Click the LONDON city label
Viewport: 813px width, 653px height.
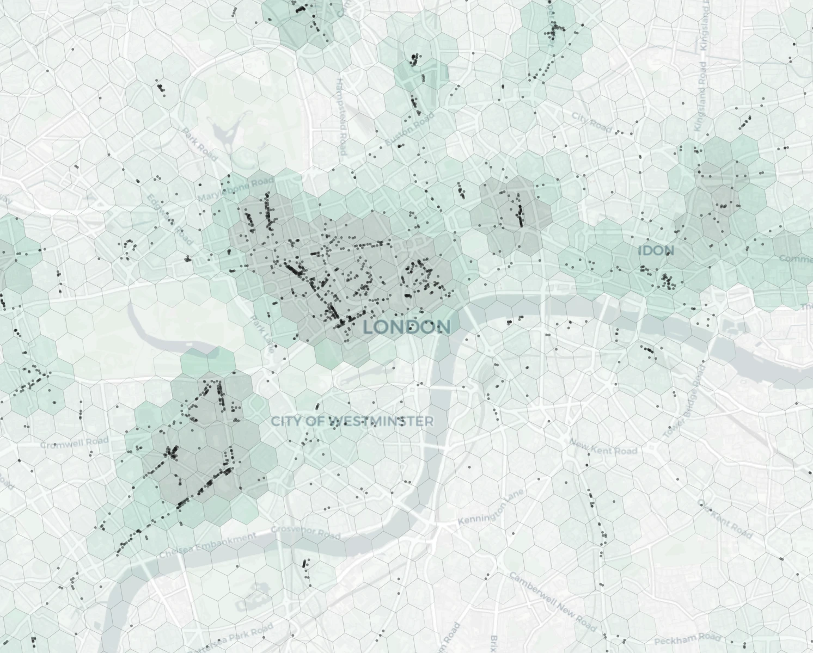click(x=407, y=327)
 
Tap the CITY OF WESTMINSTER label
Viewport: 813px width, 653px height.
click(x=352, y=421)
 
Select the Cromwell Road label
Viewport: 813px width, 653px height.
click(x=74, y=442)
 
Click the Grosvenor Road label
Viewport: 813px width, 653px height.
click(x=305, y=532)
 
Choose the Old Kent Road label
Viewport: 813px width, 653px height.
click(x=724, y=519)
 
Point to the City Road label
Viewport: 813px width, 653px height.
click(x=592, y=122)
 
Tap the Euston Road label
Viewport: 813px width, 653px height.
click(x=409, y=129)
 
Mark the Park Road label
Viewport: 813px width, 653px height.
click(x=199, y=144)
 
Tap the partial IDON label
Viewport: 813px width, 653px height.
click(x=656, y=251)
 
